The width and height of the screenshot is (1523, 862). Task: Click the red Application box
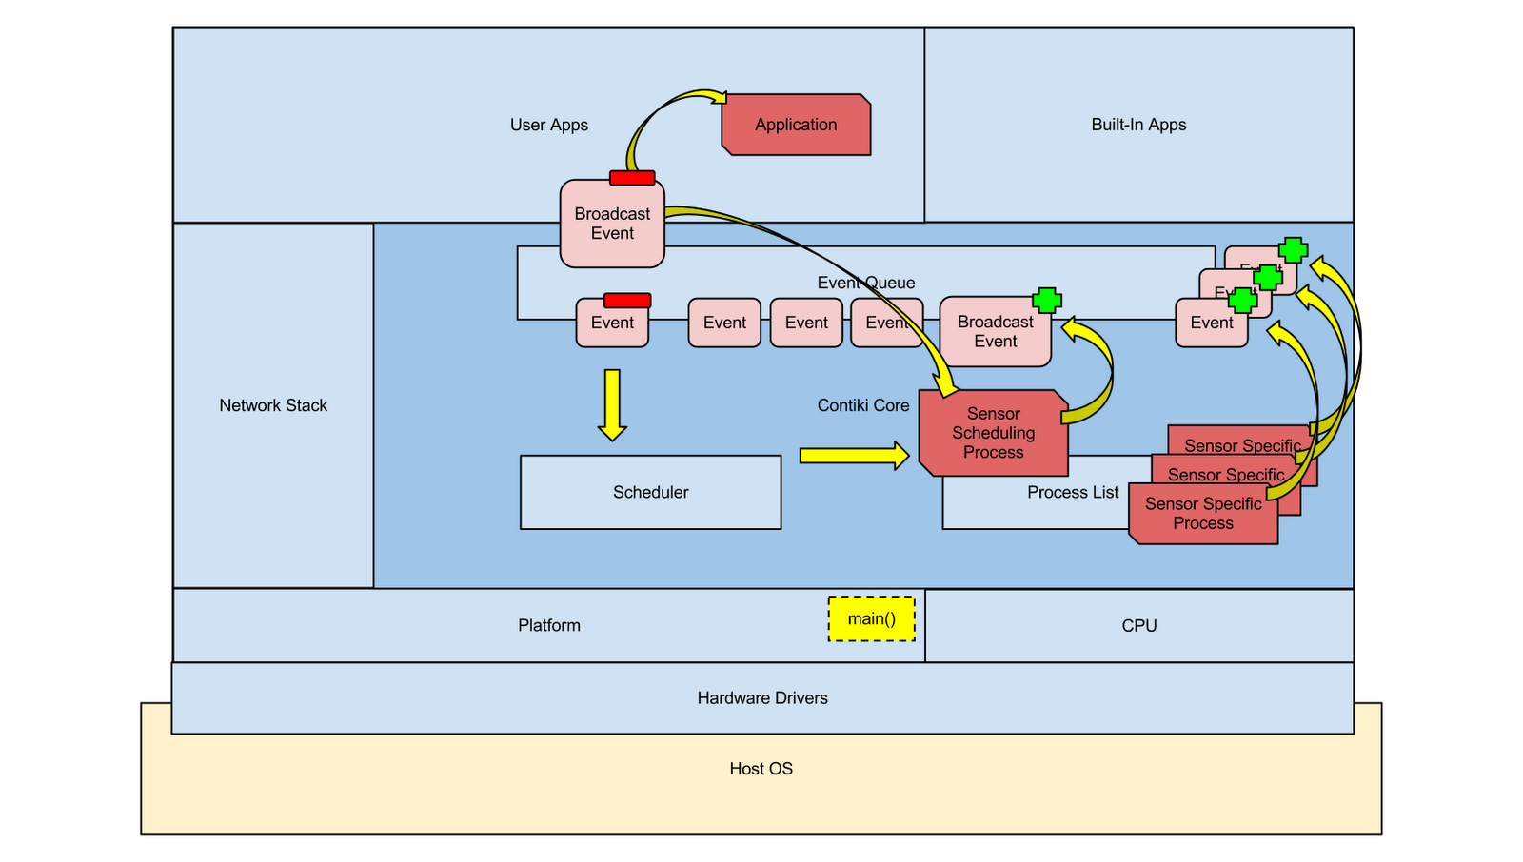pyautogui.click(x=796, y=125)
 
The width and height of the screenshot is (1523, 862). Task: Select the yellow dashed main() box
pyautogui.click(x=871, y=619)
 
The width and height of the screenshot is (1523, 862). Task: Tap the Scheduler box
pyautogui.click(x=650, y=492)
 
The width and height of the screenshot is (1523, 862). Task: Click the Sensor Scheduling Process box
pyautogui.click(x=993, y=433)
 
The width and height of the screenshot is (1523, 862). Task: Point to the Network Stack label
pyautogui.click(x=273, y=405)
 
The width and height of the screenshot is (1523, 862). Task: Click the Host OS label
pyautogui.click(x=761, y=769)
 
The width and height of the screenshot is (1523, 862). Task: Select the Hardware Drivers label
pyautogui.click(x=762, y=698)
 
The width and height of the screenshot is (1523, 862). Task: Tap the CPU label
pyautogui.click(x=1138, y=626)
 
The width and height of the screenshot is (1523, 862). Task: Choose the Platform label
pyautogui.click(x=549, y=626)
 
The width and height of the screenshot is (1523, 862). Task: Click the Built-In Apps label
pyautogui.click(x=1138, y=125)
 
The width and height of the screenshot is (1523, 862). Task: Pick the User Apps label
pyautogui.click(x=549, y=125)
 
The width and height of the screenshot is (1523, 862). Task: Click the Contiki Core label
pyautogui.click(x=863, y=405)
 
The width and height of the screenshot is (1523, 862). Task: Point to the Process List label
pyautogui.click(x=1073, y=493)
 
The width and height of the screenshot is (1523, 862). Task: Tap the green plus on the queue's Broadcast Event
pyautogui.click(x=1047, y=301)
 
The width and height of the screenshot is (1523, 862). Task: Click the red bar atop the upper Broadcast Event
pyautogui.click(x=632, y=178)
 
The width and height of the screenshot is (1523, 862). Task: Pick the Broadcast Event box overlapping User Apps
pyautogui.click(x=612, y=225)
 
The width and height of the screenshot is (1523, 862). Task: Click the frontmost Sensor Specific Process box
pyautogui.click(x=1203, y=514)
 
